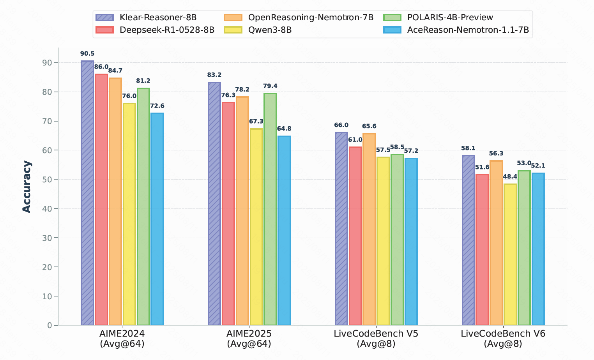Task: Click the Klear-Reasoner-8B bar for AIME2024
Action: tap(87, 193)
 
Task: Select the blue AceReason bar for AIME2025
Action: tap(284, 230)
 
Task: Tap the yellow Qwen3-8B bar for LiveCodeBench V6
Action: tap(510, 254)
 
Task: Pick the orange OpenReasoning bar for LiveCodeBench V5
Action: tap(369, 229)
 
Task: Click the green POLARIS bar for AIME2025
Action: tap(270, 209)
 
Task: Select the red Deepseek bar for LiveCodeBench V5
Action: tap(355, 236)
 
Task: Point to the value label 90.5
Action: tap(87, 54)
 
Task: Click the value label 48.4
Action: tap(510, 176)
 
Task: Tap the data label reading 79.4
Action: tap(270, 86)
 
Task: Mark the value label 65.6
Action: tap(369, 126)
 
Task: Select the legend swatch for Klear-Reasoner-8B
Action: tap(104, 18)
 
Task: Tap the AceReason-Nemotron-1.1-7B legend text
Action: tap(468, 30)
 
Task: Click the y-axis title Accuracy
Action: tap(27, 187)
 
